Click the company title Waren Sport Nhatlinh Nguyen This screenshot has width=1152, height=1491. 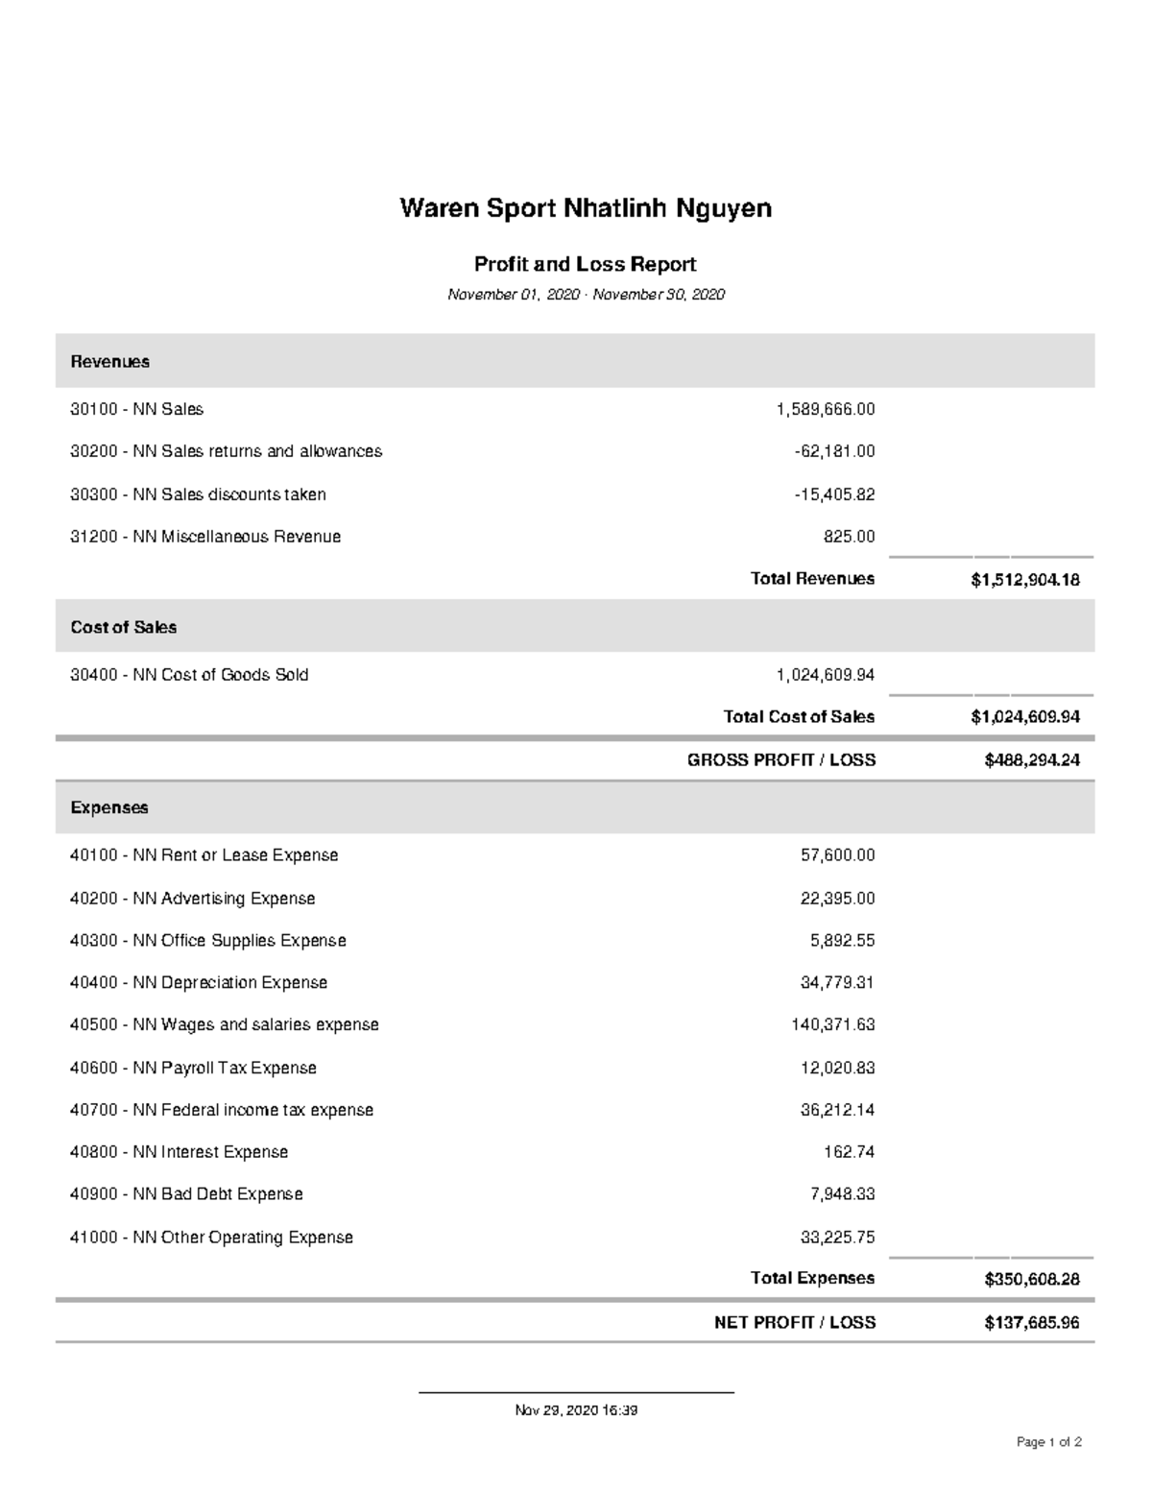click(586, 208)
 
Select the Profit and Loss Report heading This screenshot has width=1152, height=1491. click(586, 264)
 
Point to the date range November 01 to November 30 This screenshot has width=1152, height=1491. click(586, 295)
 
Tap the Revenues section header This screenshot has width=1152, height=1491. click(110, 362)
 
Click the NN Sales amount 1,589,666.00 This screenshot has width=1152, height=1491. click(826, 409)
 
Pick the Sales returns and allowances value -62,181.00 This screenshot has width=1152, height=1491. click(834, 451)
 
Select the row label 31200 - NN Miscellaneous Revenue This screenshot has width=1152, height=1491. click(205, 537)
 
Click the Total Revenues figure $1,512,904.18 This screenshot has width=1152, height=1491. click(1024, 579)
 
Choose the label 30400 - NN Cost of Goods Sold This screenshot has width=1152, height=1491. click(189, 675)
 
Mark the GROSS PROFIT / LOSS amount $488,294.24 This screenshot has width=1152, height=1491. click(1031, 760)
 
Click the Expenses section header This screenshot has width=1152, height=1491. click(109, 807)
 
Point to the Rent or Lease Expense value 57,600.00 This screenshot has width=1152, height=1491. click(837, 855)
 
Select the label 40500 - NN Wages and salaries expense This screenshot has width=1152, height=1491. click(225, 1024)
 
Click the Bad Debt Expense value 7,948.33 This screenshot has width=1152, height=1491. click(842, 1194)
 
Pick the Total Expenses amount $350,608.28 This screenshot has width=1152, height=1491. click(1031, 1279)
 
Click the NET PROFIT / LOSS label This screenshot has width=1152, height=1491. click(794, 1322)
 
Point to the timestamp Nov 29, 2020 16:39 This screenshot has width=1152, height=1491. click(576, 1410)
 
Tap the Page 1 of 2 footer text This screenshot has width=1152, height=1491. click(1049, 1442)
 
